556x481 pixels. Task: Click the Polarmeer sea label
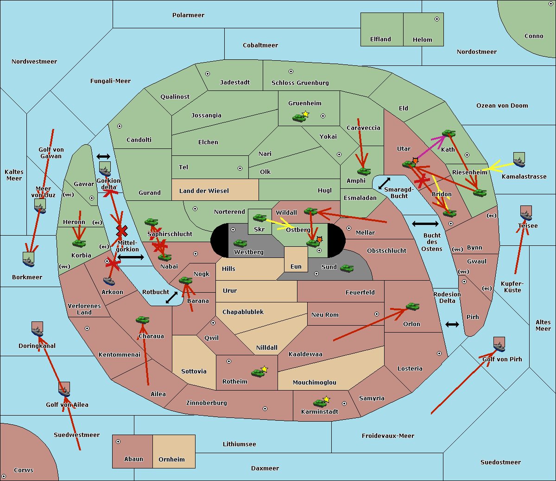click(188, 15)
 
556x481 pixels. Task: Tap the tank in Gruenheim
click(299, 118)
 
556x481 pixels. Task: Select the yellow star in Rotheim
click(265, 369)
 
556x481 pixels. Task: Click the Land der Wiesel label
click(204, 191)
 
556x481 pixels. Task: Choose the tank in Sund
click(347, 268)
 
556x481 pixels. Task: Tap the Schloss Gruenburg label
click(300, 83)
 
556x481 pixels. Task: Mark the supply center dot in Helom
click(436, 19)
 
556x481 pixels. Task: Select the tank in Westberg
click(240, 243)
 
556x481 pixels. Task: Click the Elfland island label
click(380, 39)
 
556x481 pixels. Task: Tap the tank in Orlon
click(412, 307)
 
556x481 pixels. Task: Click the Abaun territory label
click(133, 459)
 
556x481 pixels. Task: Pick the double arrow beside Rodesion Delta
click(452, 324)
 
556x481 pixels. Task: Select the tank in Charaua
click(142, 320)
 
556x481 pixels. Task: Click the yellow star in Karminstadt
click(327, 399)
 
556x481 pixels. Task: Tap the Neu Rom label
click(325, 315)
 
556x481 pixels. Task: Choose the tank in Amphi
click(364, 172)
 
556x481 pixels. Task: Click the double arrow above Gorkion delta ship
click(103, 157)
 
